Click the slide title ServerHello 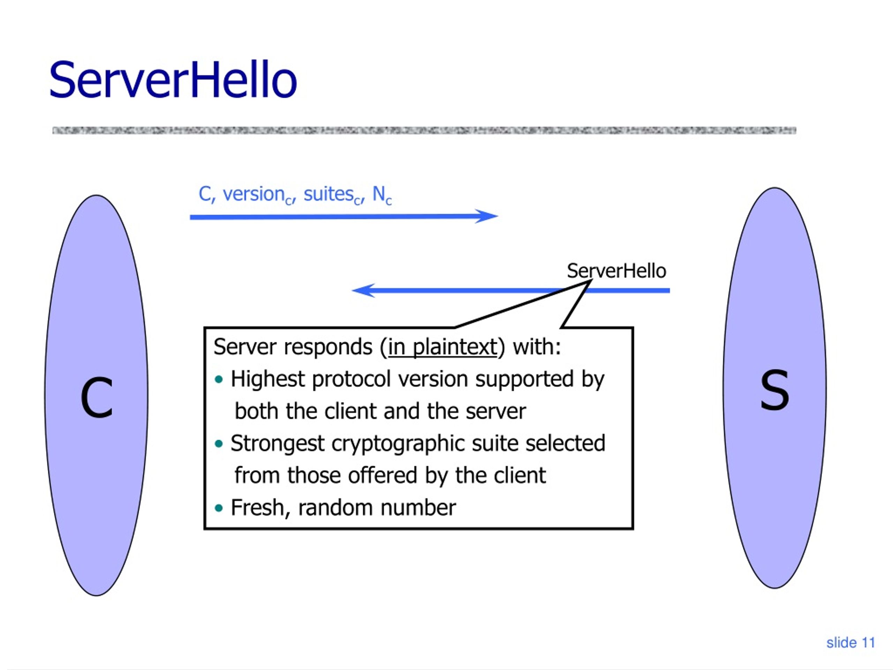tap(173, 80)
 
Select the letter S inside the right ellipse tap(774, 390)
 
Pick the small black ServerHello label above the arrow tap(616, 270)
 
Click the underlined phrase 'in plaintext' tap(442, 347)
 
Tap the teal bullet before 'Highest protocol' tap(219, 380)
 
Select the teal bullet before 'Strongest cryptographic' tap(219, 444)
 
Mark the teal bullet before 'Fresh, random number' tap(219, 508)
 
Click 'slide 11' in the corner tap(850, 642)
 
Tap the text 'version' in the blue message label tap(254, 194)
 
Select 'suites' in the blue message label tap(329, 194)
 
